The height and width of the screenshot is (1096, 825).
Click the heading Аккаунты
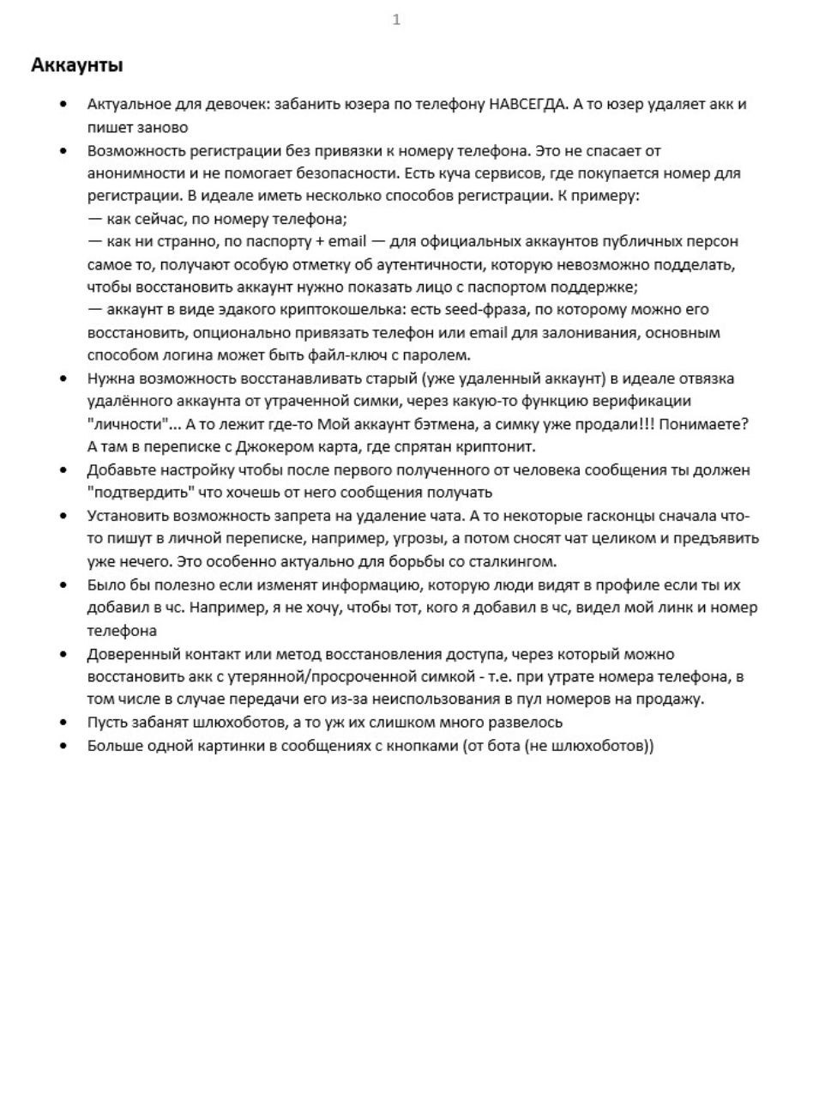coord(76,65)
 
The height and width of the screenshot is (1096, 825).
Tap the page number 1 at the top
coord(396,20)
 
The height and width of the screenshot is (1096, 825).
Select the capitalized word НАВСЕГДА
coord(527,105)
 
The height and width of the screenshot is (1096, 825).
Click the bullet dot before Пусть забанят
coord(63,723)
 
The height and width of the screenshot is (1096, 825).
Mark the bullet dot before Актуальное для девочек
coord(63,105)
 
